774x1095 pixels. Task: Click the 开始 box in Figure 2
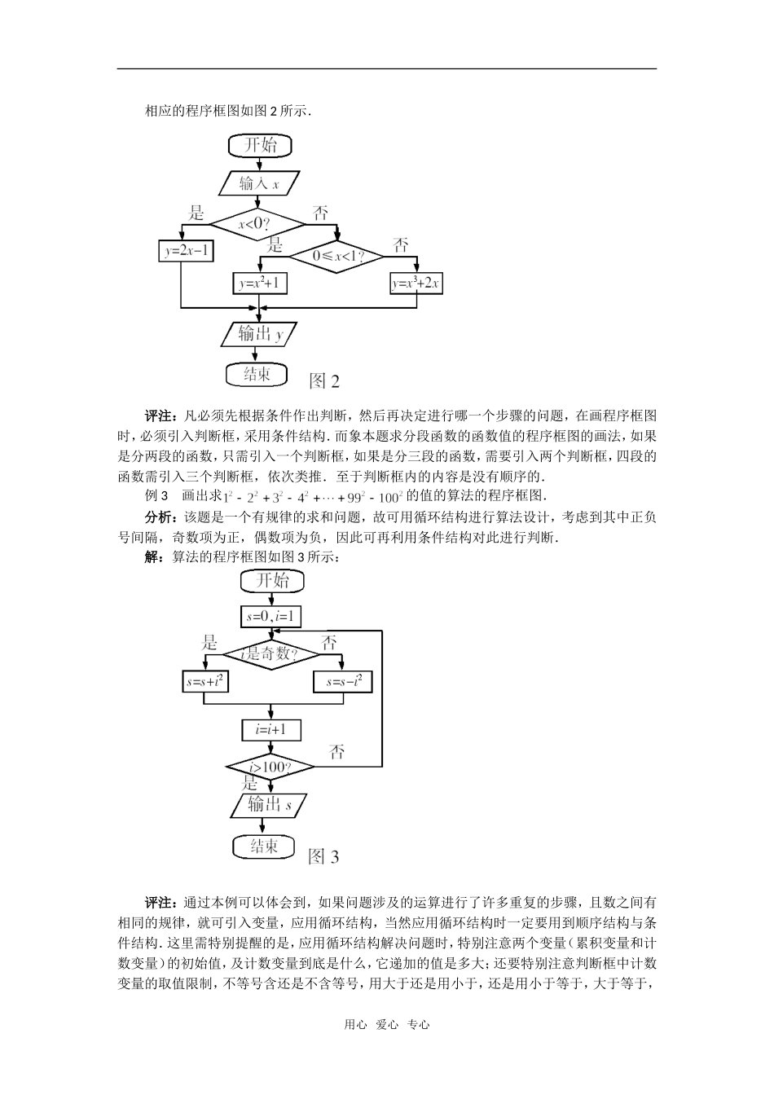point(259,146)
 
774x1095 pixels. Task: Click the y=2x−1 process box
point(186,251)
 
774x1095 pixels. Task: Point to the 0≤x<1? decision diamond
point(336,257)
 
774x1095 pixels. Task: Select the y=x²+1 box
point(261,284)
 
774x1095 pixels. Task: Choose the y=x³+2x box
point(416,284)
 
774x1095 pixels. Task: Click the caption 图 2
point(325,380)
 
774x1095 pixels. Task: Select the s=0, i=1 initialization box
point(271,617)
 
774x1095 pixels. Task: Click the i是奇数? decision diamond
point(271,653)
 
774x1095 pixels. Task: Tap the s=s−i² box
point(344,682)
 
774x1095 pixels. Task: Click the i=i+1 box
point(271,729)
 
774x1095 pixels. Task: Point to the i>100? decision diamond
point(270,767)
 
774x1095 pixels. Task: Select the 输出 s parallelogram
point(270,805)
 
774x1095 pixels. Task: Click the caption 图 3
point(323,856)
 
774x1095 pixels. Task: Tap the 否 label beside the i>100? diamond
point(337,751)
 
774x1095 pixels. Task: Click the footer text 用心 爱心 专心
point(386,1025)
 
